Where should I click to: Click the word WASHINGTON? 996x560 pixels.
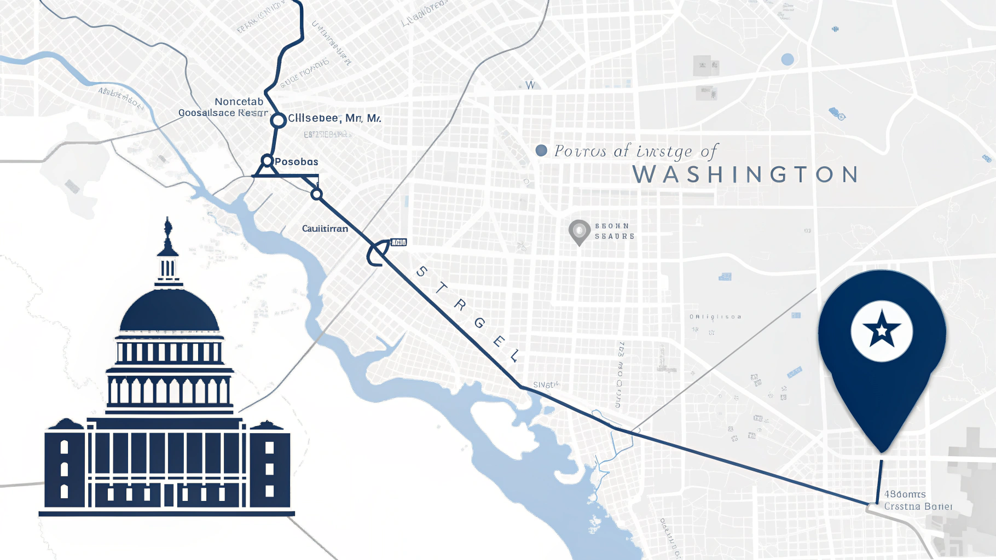746,175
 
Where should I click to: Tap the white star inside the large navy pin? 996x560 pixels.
882,330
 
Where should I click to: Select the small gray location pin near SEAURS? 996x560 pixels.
579,231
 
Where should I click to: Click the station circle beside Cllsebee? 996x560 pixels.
279,120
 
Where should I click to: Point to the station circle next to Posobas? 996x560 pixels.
267,161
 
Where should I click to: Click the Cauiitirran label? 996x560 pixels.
325,229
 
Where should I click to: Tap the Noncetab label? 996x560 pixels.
239,102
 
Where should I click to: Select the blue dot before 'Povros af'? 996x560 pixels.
541,150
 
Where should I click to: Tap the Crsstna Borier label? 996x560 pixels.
918,506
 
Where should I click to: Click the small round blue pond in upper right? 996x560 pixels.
787,59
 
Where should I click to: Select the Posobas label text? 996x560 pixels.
296,162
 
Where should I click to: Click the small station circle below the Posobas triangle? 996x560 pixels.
316,194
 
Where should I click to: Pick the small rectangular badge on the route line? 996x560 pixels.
398,242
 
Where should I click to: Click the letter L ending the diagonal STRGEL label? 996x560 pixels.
514,357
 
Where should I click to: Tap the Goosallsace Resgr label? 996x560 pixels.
223,113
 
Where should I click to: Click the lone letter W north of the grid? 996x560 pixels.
530,85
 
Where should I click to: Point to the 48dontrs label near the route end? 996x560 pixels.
905,494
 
